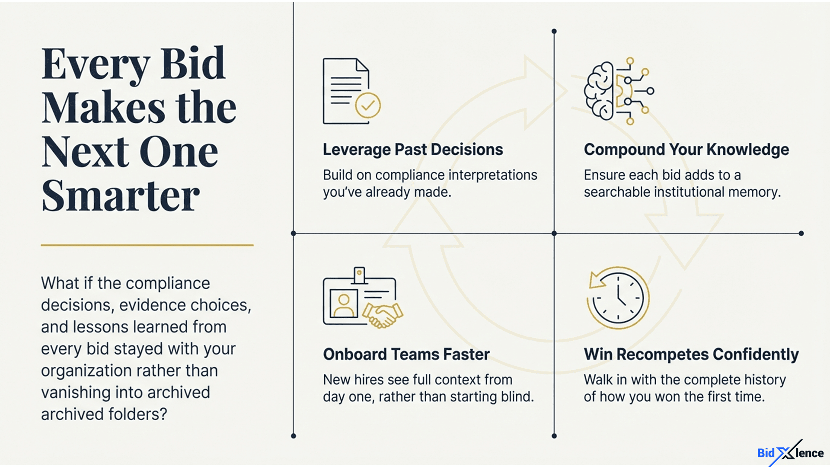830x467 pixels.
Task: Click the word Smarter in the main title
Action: click(x=121, y=195)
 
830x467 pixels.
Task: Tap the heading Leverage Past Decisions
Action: click(x=413, y=150)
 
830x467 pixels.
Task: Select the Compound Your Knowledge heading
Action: click(x=686, y=150)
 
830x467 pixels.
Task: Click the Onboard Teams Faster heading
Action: click(x=406, y=354)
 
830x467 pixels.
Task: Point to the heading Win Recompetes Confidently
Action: click(x=691, y=355)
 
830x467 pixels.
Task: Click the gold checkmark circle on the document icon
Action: click(x=368, y=105)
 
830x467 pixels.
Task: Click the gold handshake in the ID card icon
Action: click(x=383, y=315)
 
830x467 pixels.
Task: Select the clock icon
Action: click(x=618, y=298)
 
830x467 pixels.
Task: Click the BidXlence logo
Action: click(x=791, y=453)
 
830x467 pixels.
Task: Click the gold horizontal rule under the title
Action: click(x=147, y=245)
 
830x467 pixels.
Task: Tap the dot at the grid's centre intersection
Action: click(x=554, y=233)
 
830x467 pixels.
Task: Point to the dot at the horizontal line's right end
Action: click(x=801, y=233)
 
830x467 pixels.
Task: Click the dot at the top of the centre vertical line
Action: click(x=554, y=32)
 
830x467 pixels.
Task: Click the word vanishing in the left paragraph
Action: click(x=77, y=393)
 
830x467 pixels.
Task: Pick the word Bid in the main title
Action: click(x=193, y=64)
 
